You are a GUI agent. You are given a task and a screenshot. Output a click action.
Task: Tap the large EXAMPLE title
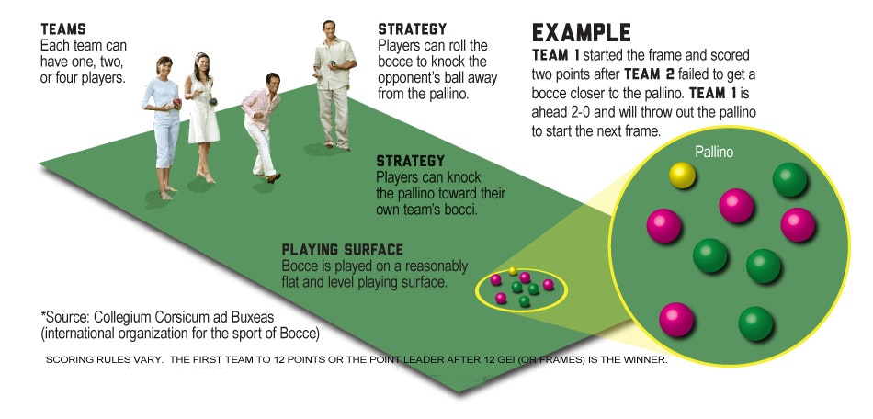click(x=582, y=32)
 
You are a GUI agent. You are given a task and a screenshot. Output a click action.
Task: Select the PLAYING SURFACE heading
click(x=342, y=250)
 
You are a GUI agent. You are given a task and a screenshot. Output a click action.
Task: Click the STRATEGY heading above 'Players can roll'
click(x=413, y=29)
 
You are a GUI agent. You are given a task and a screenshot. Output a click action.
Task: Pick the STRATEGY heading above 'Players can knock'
click(x=411, y=162)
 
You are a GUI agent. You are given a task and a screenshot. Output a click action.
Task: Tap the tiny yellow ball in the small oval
click(x=513, y=271)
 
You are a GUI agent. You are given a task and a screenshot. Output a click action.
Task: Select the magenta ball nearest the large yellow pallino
click(x=735, y=205)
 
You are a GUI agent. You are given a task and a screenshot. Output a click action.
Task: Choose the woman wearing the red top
click(x=165, y=119)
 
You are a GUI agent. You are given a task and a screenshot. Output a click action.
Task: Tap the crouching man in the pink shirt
click(x=261, y=129)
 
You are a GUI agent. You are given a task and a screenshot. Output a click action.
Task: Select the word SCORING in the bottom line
click(x=69, y=359)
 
